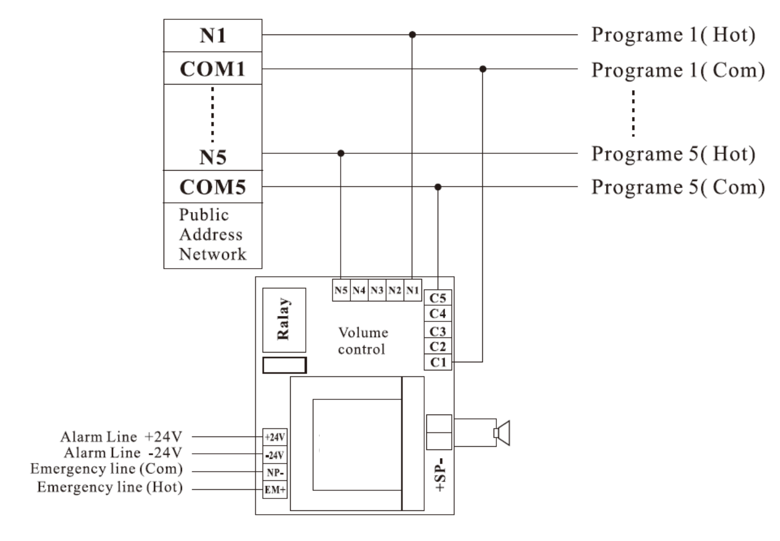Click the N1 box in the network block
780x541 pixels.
[x=213, y=36]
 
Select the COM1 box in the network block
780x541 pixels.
[x=213, y=68]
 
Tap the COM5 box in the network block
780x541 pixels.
[x=213, y=187]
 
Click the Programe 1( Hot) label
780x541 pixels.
[x=673, y=35]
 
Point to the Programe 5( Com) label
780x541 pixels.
[x=678, y=187]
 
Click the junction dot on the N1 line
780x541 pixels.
[x=412, y=34]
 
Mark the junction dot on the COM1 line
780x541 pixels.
[x=483, y=69]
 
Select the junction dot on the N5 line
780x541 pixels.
[x=341, y=153]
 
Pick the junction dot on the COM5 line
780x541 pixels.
[x=438, y=187]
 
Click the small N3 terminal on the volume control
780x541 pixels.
[x=377, y=290]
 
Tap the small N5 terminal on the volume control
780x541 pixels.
[x=341, y=290]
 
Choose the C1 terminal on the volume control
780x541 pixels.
[x=438, y=362]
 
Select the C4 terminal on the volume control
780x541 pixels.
[x=438, y=314]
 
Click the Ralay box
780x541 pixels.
[x=284, y=320]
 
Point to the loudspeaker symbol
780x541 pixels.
[x=502, y=433]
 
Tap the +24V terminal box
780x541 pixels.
[x=275, y=437]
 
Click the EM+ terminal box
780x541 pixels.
[x=275, y=490]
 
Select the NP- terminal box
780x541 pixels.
[x=275, y=473]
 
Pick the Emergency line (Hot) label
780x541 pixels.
[x=110, y=487]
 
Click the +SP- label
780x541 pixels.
[x=440, y=474]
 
